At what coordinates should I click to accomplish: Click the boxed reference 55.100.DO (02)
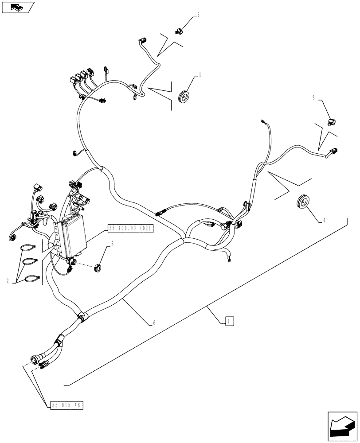click(x=130, y=229)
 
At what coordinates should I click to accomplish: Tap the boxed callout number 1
click(x=228, y=321)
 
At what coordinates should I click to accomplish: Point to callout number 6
click(x=154, y=323)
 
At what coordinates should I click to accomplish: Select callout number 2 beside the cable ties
click(x=8, y=281)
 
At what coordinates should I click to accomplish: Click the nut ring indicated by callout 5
click(x=98, y=267)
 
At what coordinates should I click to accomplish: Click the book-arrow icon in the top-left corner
click(x=18, y=7)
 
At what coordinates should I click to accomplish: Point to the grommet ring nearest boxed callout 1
click(x=303, y=203)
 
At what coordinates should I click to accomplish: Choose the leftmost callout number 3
click(x=198, y=15)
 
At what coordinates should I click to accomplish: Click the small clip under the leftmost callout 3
click(x=179, y=31)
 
